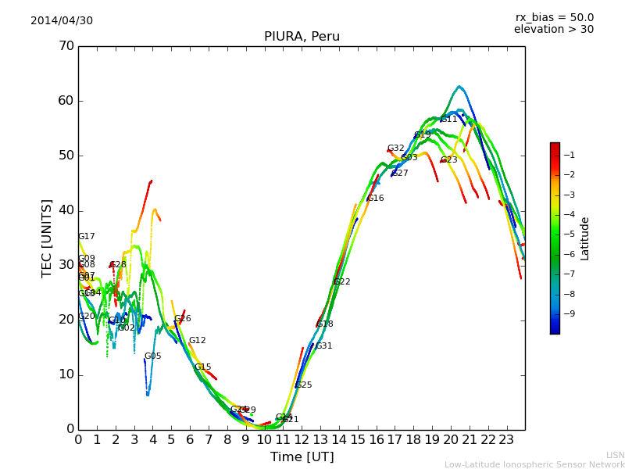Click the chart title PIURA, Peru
(x=302, y=37)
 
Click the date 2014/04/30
(x=62, y=21)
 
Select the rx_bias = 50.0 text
(x=554, y=18)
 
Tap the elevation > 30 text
(x=554, y=30)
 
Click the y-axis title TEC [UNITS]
(x=47, y=238)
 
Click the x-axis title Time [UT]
(x=302, y=457)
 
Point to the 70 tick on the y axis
(x=66, y=46)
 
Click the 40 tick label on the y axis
(x=66, y=210)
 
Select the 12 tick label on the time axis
(x=302, y=439)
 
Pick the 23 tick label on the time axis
(x=506, y=439)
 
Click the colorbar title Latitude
(x=585, y=238)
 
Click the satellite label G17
(x=86, y=237)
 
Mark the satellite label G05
(x=152, y=356)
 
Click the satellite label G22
(x=341, y=282)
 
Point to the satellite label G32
(x=396, y=149)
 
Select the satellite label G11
(x=449, y=120)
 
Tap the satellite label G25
(x=303, y=385)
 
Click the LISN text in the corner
(x=615, y=455)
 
